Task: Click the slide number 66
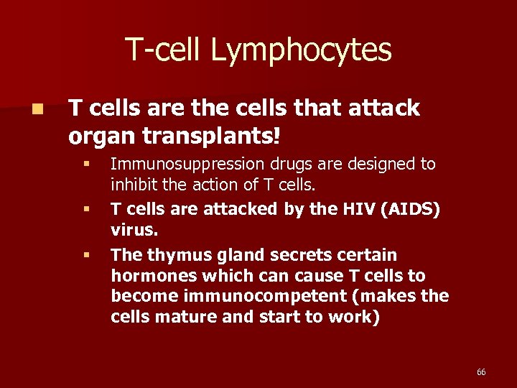[481, 371]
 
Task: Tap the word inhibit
[134, 185]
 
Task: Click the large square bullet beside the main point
[37, 110]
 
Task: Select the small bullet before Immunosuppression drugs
[85, 165]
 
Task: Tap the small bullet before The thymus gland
[85, 255]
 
